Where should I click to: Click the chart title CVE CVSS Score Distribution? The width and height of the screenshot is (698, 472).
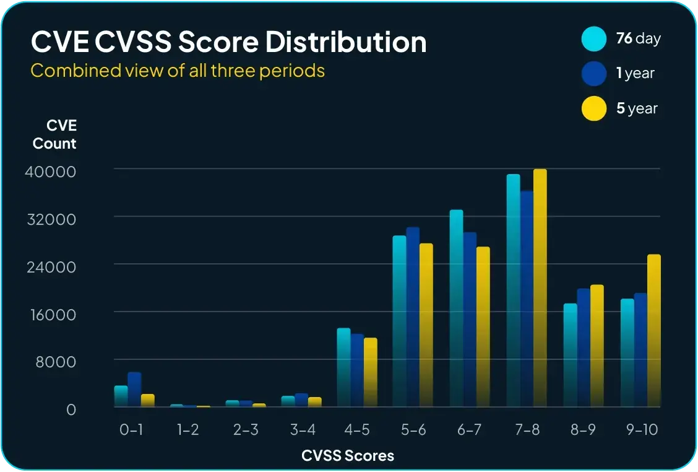tap(228, 43)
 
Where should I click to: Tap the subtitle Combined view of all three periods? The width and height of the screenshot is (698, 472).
tap(178, 71)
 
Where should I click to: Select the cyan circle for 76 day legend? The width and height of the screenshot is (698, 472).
tap(594, 38)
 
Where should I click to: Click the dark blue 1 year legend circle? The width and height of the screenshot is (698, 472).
tap(594, 74)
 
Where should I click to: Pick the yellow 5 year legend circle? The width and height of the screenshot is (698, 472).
tap(594, 108)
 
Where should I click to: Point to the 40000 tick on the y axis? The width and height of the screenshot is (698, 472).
tap(50, 171)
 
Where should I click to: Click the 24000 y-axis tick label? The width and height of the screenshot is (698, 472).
tap(50, 266)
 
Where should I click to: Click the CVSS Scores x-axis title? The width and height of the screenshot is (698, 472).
tap(348, 456)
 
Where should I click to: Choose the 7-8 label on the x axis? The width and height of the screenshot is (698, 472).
tap(527, 430)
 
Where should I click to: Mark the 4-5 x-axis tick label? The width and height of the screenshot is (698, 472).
tap(357, 430)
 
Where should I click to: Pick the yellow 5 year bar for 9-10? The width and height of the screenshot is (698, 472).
tap(654, 331)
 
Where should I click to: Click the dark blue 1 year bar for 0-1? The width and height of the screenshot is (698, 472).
tap(134, 390)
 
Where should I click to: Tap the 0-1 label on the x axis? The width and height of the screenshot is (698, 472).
tap(131, 430)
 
